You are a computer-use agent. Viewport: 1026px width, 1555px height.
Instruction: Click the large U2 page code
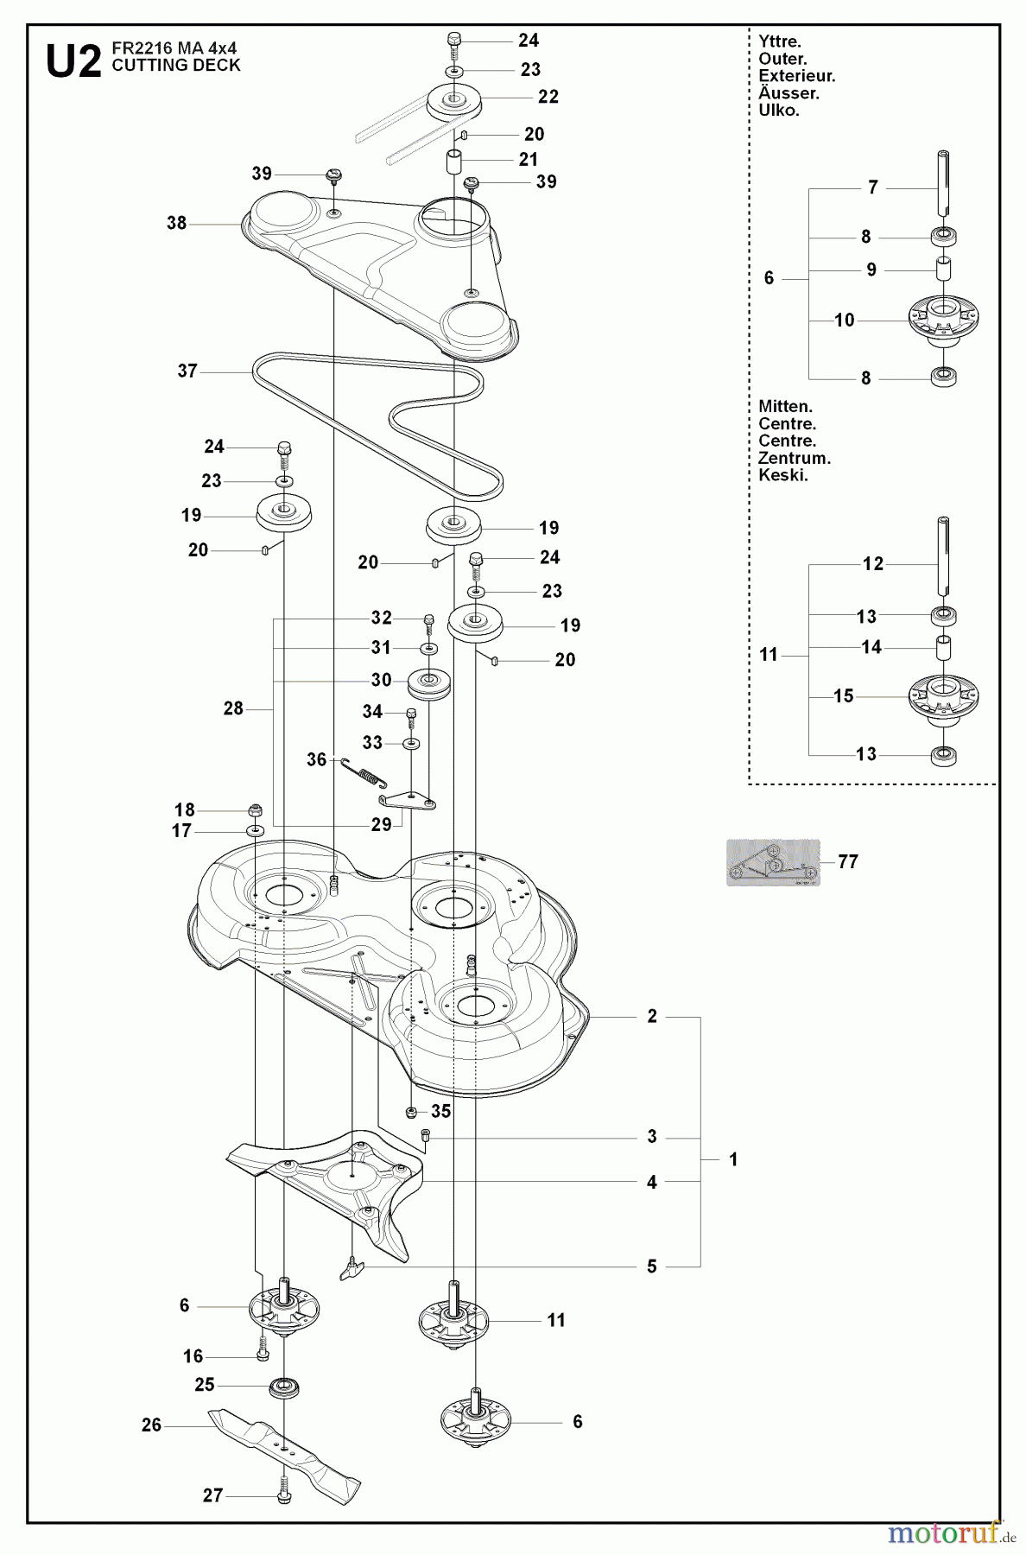(73, 62)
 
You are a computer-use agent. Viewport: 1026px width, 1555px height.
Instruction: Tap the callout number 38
(176, 224)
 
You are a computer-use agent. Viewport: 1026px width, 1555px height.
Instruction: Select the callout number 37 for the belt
(187, 371)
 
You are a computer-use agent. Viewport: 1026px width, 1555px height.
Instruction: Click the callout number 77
(848, 862)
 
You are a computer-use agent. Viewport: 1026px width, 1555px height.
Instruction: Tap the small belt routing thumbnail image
(772, 862)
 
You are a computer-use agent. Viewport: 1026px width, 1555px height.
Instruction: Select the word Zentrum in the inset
(794, 459)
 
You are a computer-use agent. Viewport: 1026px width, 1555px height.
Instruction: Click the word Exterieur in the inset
(796, 76)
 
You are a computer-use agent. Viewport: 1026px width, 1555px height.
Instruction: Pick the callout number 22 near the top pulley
(548, 97)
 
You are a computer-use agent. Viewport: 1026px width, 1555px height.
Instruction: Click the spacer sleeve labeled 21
(454, 162)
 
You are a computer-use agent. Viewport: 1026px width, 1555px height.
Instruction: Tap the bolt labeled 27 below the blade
(283, 1495)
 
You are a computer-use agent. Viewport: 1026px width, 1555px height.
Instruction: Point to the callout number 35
(441, 1112)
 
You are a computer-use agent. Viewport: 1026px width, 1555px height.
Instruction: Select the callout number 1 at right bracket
(733, 1159)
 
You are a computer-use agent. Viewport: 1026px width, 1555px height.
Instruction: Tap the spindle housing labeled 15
(943, 695)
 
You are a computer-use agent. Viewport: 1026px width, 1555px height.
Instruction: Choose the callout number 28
(233, 709)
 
